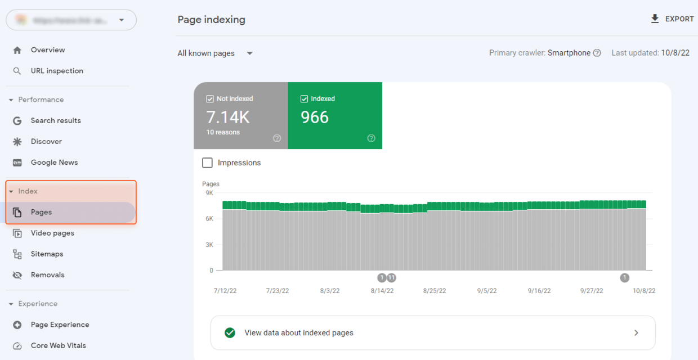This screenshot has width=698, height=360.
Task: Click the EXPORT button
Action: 672,19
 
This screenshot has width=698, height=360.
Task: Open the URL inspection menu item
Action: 56,71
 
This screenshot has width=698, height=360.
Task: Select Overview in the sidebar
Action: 47,50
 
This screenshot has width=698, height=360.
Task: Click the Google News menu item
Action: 54,163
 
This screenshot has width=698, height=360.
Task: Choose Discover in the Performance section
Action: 46,142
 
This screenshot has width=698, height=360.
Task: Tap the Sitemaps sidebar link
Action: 47,254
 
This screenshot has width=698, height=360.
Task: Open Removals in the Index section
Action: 47,275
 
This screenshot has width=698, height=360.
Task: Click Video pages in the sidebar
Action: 52,233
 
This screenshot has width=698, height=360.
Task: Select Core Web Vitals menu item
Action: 58,346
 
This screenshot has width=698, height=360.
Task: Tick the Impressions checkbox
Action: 208,163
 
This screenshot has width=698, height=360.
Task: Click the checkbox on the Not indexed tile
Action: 210,99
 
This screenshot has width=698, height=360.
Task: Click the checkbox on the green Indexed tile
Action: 305,99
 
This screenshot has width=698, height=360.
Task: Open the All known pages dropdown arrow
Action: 250,53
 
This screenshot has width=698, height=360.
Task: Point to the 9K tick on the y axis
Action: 209,193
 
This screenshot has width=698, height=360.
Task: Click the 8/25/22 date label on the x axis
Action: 435,291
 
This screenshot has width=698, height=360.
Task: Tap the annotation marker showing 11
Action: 391,277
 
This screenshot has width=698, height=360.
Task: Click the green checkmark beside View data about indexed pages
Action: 230,333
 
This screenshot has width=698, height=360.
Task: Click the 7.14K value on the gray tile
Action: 228,117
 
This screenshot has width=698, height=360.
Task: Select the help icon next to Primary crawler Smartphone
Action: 597,53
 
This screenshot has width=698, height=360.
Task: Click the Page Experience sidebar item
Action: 60,325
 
